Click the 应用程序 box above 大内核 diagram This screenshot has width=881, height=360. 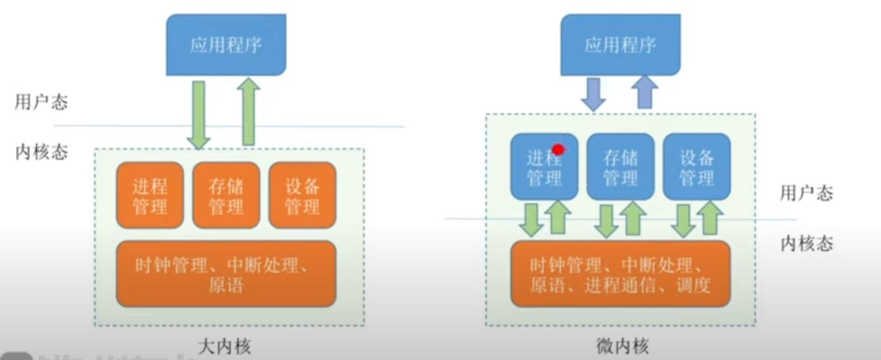pyautogui.click(x=226, y=45)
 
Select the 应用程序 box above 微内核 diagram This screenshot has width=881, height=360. pyautogui.click(x=620, y=45)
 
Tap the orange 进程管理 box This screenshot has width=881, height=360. pyautogui.click(x=150, y=196)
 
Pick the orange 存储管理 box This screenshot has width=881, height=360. pyautogui.click(x=226, y=196)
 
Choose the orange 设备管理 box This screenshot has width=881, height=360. pyautogui.click(x=302, y=196)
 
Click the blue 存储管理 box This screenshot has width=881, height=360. pyautogui.click(x=620, y=167)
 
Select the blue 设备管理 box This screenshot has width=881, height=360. pyautogui.click(x=697, y=167)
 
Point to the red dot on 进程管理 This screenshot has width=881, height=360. pyautogui.click(x=558, y=150)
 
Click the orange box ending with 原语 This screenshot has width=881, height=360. pyautogui.click(x=226, y=274)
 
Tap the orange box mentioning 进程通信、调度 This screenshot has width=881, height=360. pyautogui.click(x=620, y=274)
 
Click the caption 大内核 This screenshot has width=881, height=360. pyautogui.click(x=224, y=347)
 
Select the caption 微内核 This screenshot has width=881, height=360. pyautogui.click(x=622, y=347)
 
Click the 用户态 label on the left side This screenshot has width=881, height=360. pyautogui.click(x=41, y=102)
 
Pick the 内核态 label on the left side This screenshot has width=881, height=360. pyautogui.click(x=41, y=152)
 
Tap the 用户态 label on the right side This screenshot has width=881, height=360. pyautogui.click(x=806, y=193)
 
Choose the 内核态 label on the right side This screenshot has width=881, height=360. pyautogui.click(x=806, y=244)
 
